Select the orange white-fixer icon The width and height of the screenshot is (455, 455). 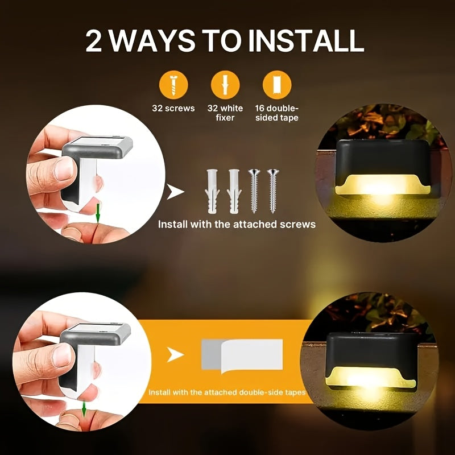click(225, 86)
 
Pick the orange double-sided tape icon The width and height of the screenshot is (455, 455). click(277, 86)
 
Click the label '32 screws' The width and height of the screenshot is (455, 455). click(173, 108)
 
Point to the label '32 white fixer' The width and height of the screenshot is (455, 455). click(225, 113)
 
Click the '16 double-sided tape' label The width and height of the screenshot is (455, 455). click(277, 113)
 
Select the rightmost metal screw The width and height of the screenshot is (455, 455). click(272, 191)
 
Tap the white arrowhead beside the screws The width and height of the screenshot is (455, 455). click(176, 192)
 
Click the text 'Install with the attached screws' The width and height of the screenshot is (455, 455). click(237, 224)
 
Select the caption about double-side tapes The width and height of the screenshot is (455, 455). click(227, 392)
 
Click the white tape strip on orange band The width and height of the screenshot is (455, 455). click(242, 355)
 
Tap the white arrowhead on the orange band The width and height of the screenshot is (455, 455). click(175, 356)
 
